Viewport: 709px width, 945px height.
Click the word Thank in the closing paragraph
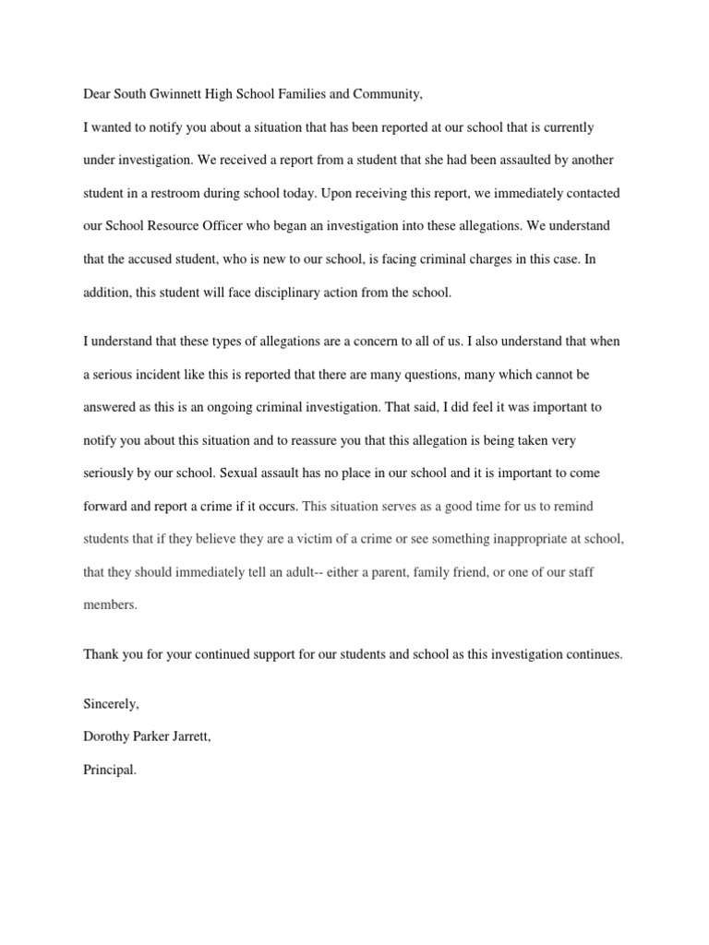click(x=102, y=654)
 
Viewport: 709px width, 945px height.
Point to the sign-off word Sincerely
click(x=111, y=704)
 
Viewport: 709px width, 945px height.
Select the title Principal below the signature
click(x=109, y=770)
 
